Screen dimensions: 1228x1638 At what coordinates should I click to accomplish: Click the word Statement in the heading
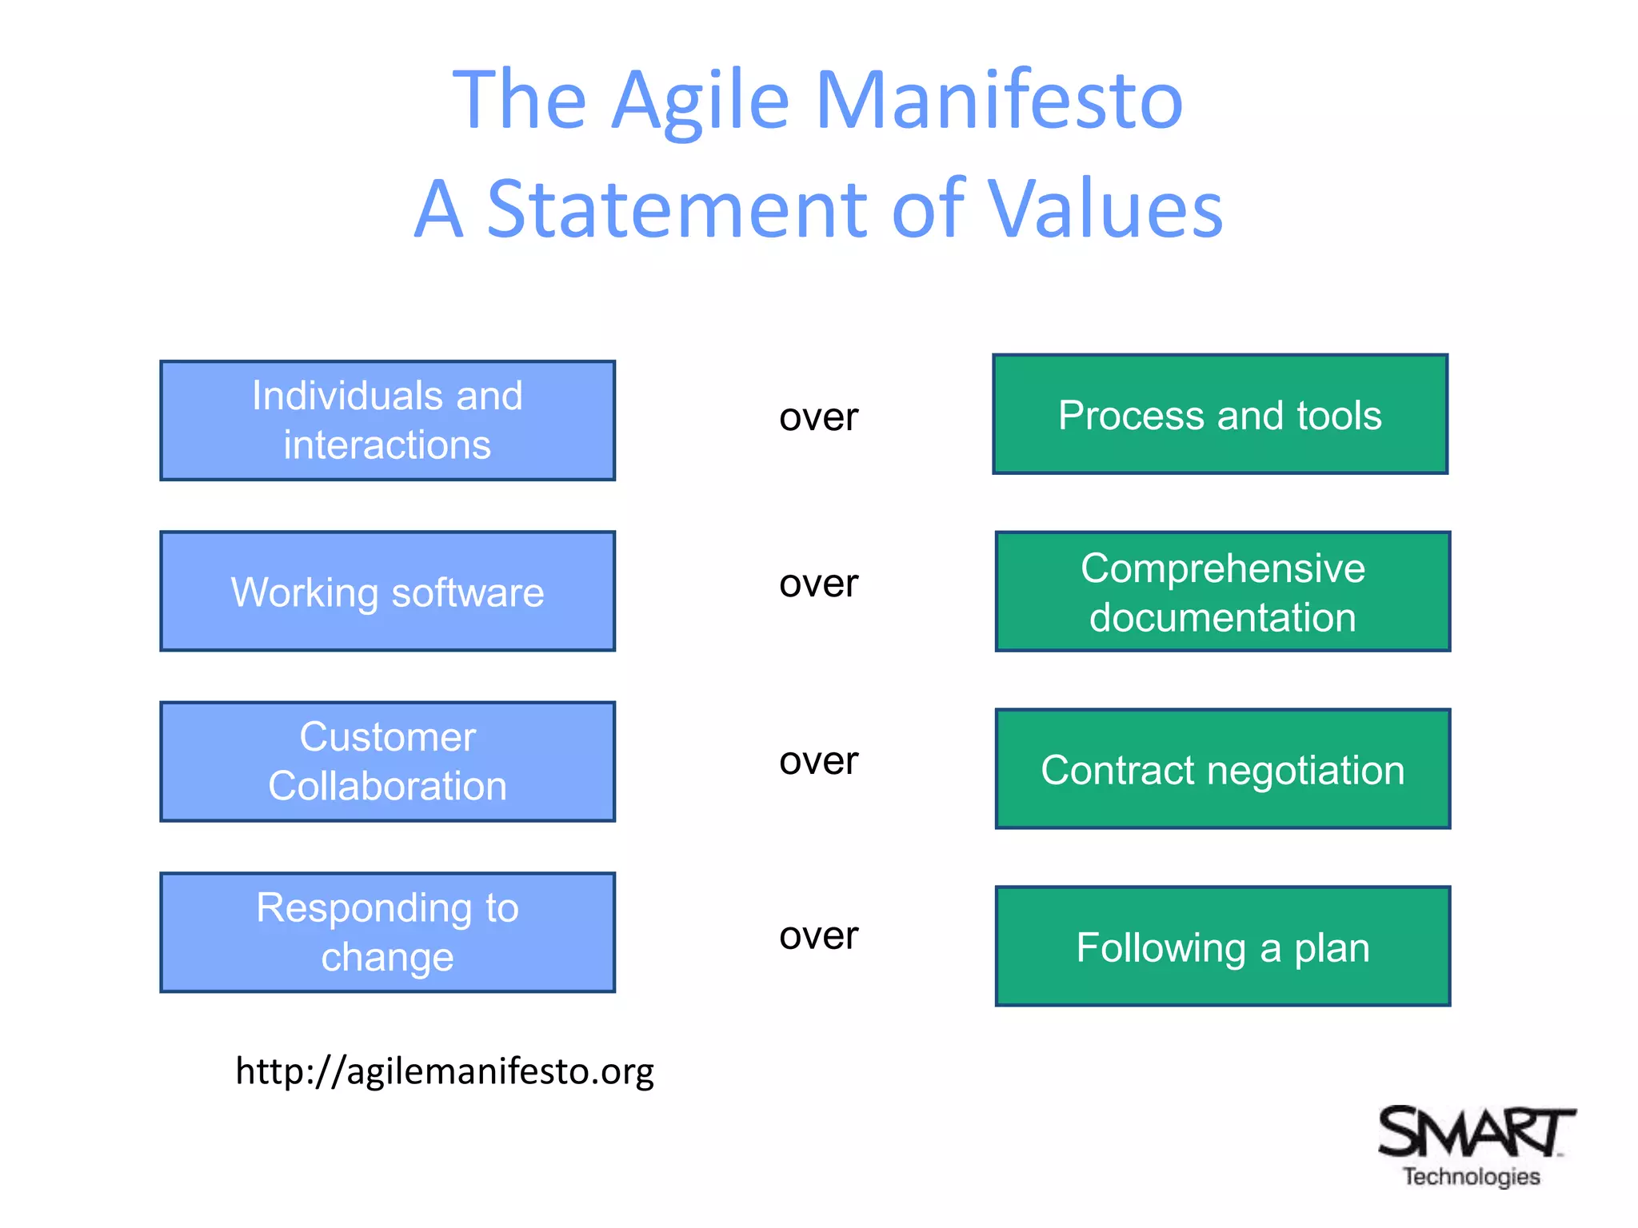point(677,209)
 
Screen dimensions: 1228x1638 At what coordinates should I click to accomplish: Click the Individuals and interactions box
point(387,421)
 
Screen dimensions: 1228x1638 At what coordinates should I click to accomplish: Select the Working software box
point(387,592)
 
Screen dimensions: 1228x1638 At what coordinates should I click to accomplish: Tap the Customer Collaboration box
point(387,762)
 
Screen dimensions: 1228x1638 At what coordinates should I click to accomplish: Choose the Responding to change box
point(387,932)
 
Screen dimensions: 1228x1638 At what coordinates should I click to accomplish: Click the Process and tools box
point(1220,414)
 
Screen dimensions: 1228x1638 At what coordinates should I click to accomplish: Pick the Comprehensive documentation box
point(1222,592)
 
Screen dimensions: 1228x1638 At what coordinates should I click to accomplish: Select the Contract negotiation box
point(1222,769)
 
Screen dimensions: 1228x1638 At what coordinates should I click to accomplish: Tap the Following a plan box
point(1222,947)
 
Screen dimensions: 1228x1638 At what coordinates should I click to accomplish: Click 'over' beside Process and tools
point(818,417)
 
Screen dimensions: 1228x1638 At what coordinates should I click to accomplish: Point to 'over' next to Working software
point(818,584)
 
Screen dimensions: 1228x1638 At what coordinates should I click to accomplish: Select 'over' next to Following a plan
point(818,935)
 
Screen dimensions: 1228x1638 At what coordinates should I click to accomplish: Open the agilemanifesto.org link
point(445,1071)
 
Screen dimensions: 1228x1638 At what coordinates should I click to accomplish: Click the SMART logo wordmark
point(1474,1131)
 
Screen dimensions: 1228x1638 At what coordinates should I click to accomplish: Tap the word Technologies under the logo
point(1472,1177)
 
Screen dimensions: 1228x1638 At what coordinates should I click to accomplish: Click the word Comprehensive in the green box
point(1222,568)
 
